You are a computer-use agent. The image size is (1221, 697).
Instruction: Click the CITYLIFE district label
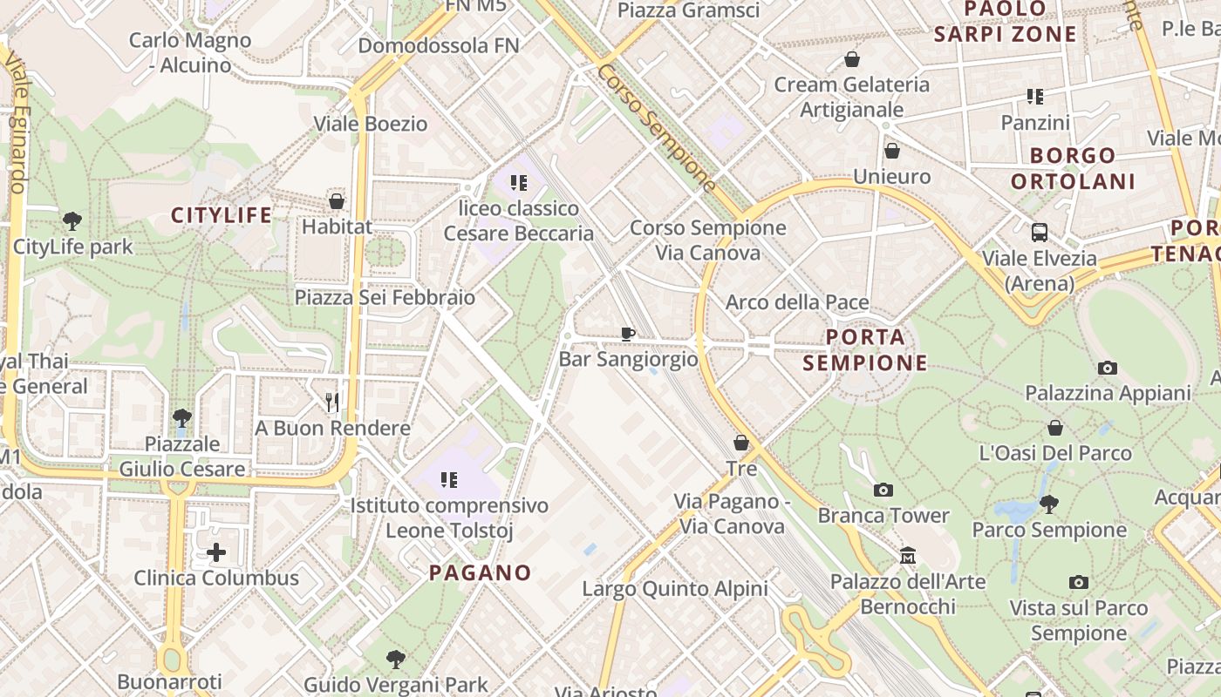coord(222,215)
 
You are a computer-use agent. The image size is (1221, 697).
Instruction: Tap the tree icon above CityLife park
coord(72,221)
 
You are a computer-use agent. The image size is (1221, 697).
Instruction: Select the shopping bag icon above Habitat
coord(337,201)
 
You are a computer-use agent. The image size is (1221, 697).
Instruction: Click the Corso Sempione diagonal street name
coord(657,128)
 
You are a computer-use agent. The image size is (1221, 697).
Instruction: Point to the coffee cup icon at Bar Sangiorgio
coord(628,333)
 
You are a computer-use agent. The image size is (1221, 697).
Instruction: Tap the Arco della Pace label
coord(797,302)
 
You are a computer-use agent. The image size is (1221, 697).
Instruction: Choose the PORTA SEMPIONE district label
coord(865,348)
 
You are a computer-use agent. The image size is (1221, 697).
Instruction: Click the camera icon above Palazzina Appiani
coord(1108,368)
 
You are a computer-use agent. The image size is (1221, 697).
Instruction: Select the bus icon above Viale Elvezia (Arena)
coord(1040,233)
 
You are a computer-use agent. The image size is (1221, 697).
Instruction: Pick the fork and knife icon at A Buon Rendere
coord(332,402)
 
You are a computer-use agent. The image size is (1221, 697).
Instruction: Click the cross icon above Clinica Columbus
coord(216,552)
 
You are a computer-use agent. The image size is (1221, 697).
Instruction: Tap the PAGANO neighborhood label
coord(481,572)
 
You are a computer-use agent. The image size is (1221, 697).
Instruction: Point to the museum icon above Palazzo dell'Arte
coord(908,556)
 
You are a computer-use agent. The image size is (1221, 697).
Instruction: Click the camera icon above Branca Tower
coord(883,490)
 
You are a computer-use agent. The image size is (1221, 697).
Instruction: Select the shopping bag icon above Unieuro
coord(891,151)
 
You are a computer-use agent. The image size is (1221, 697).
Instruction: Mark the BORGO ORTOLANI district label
coord(1074,168)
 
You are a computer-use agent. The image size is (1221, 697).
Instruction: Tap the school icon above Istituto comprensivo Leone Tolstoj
coord(449,479)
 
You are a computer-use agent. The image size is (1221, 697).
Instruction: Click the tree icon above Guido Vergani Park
coord(396,659)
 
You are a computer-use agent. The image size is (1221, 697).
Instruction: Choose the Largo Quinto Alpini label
coord(675,589)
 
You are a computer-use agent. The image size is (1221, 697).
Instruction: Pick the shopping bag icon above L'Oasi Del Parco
coord(1055,428)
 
